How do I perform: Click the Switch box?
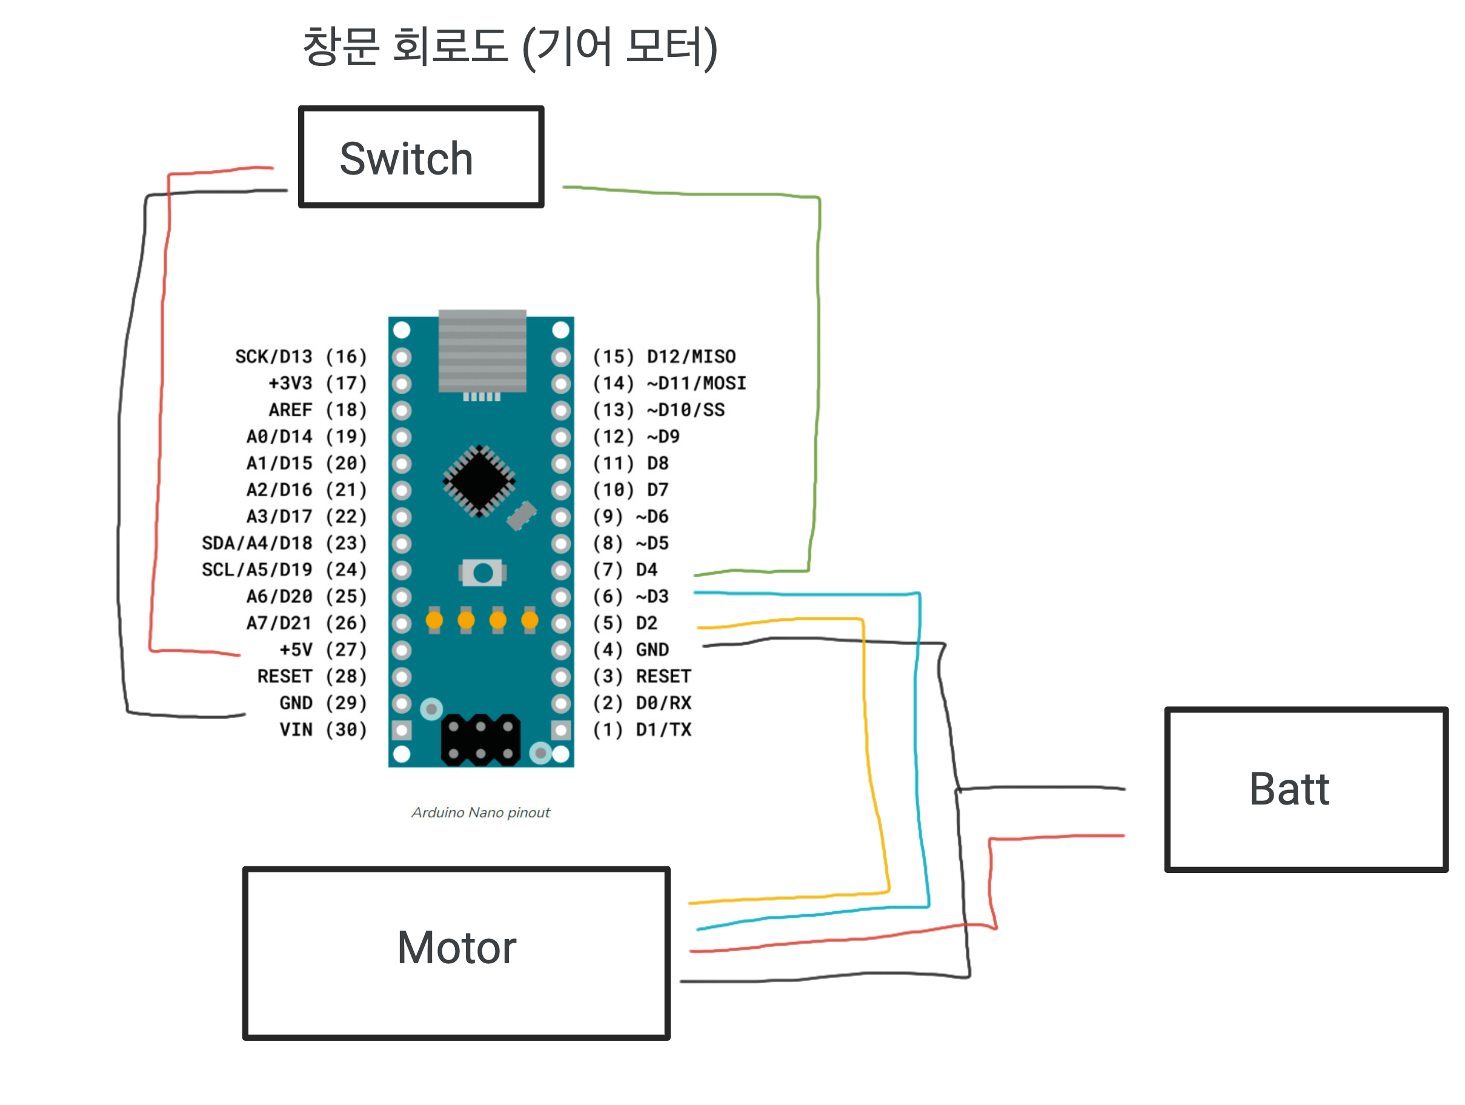click(420, 157)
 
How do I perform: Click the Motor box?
click(456, 952)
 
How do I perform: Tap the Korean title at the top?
click(510, 48)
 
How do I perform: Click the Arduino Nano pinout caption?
click(480, 812)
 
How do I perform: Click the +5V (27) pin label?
click(322, 649)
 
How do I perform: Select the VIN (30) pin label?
click(322, 729)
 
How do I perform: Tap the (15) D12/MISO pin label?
click(663, 357)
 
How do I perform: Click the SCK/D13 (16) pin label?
click(301, 357)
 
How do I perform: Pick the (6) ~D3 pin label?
click(630, 597)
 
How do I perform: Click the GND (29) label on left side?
click(322, 703)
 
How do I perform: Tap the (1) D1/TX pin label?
click(641, 729)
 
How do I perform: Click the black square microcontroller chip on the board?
click(479, 480)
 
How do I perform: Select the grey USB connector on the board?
click(482, 350)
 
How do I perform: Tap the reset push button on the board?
click(483, 572)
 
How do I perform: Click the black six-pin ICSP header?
click(481, 740)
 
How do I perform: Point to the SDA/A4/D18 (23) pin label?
click(284, 543)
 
